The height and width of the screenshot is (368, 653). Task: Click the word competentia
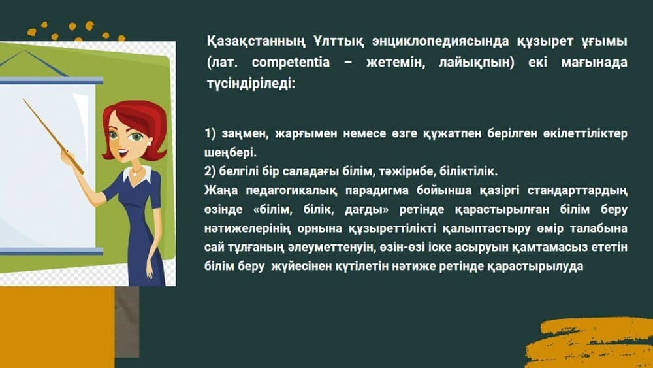291,63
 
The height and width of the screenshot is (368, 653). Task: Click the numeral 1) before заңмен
210,133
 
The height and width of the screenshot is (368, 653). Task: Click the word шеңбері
231,152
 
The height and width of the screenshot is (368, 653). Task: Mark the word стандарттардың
577,190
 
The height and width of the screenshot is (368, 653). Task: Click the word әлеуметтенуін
332,247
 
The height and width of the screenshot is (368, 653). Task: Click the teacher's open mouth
123,154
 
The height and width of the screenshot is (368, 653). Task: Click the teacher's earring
149,144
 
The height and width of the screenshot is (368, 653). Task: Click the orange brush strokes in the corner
589,343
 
